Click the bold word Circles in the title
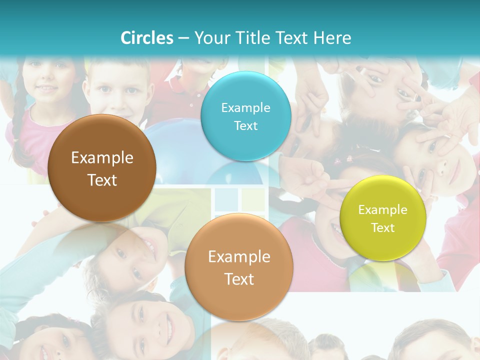click(147, 38)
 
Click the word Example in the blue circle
click(245, 107)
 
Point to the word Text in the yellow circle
click(383, 228)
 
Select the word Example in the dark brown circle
click(102, 158)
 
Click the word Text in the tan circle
click(239, 279)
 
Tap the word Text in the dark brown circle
click(102, 180)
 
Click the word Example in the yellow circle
click(383, 210)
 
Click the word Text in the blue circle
click(245, 125)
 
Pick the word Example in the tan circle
click(239, 257)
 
